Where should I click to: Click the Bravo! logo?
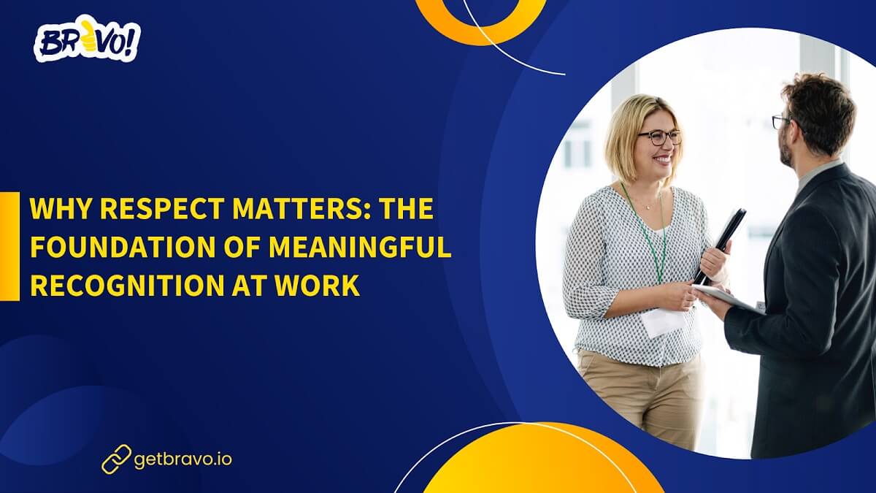(x=87, y=42)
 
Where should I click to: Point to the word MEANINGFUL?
(x=359, y=248)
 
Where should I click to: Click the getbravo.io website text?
(x=183, y=459)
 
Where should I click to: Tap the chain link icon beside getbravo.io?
(x=116, y=459)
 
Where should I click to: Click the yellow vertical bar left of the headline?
(x=9, y=246)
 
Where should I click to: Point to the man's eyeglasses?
(x=780, y=121)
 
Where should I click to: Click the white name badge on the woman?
(x=662, y=321)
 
